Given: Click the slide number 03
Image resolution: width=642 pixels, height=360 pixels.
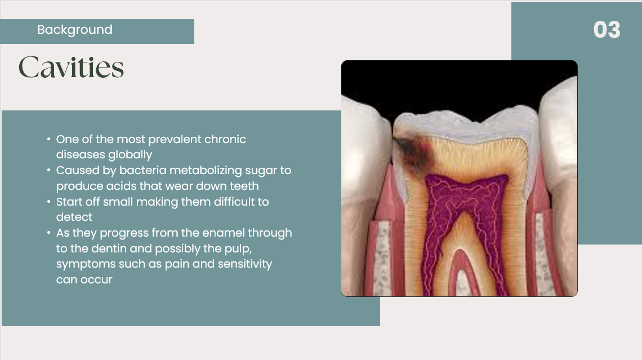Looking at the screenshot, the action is pyautogui.click(x=607, y=30).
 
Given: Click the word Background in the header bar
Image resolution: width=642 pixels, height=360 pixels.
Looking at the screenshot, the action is pyautogui.click(x=75, y=29).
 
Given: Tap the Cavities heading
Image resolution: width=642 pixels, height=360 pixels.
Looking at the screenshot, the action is pyautogui.click(x=72, y=66).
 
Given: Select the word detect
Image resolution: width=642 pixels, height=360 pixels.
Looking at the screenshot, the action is pyautogui.click(x=74, y=217).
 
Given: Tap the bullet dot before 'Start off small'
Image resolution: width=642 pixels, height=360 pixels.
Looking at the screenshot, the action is pyautogui.click(x=49, y=202).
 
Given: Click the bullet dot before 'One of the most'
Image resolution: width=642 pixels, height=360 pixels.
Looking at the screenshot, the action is pyautogui.click(x=49, y=139).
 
